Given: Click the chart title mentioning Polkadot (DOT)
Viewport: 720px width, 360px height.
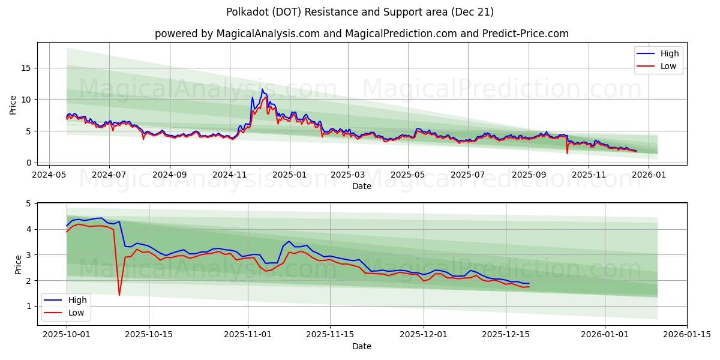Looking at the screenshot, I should [x=360, y=12].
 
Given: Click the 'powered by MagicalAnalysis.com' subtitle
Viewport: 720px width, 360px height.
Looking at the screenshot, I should [x=360, y=34].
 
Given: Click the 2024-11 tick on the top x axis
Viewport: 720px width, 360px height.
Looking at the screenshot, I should [x=230, y=175].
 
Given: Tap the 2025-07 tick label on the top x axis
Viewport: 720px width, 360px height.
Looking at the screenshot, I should [x=467, y=175].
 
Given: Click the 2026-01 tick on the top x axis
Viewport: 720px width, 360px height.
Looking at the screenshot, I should [x=649, y=175].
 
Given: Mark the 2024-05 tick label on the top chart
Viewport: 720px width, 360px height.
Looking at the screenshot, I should [x=49, y=175].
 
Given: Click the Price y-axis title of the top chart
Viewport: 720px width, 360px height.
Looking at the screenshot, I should [x=13, y=104].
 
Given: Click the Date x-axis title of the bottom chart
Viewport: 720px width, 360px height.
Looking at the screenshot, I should [x=362, y=346].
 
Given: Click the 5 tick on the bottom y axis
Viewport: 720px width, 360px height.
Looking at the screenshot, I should [x=28, y=203].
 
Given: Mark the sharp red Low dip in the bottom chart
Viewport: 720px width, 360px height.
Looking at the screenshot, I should [x=119, y=294].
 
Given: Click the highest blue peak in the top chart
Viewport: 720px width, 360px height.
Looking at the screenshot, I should [x=262, y=89].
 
